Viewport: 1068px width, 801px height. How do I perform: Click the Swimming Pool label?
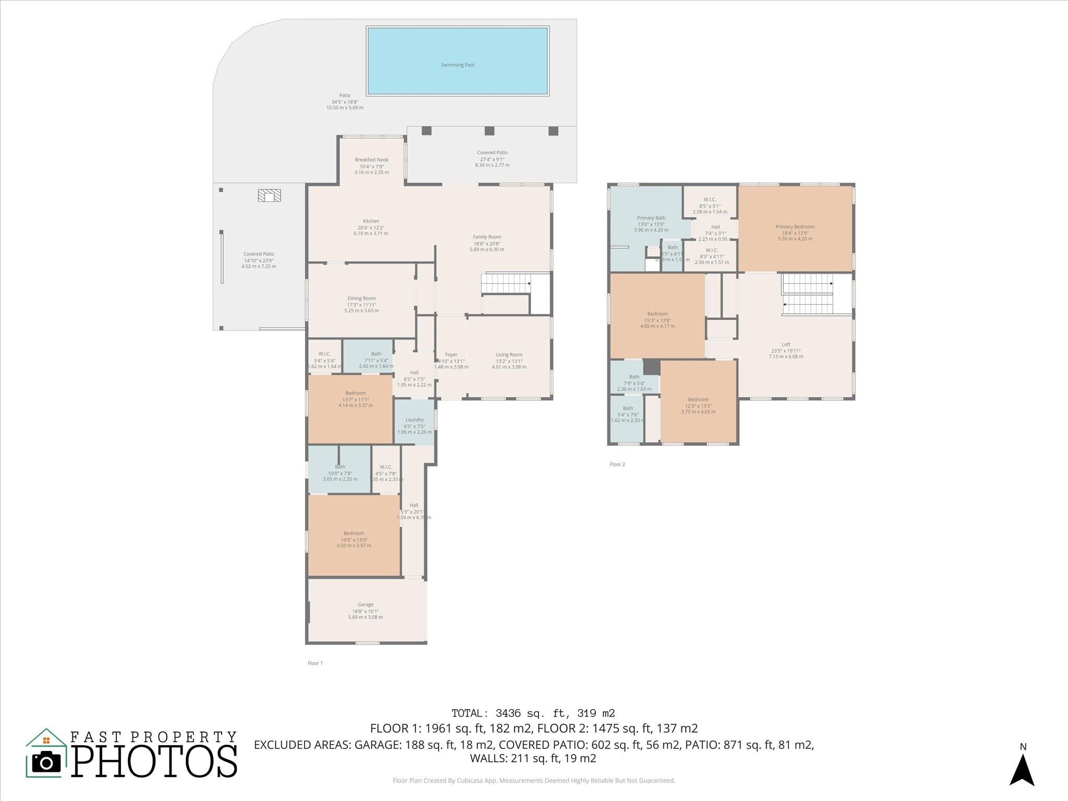(457, 65)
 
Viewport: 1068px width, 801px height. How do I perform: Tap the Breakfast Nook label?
(371, 160)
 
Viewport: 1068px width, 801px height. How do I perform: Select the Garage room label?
(365, 605)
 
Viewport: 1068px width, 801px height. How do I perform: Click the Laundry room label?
(415, 420)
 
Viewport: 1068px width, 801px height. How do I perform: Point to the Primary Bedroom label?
(795, 227)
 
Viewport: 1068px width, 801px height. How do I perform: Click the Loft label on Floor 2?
(785, 345)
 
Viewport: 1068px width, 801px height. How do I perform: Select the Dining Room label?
(361, 299)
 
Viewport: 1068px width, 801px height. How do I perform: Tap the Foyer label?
(451, 355)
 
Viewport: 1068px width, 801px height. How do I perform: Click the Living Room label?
(509, 355)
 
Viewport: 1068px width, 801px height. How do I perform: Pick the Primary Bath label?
(651, 219)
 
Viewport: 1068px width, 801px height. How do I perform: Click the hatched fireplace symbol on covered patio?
(269, 196)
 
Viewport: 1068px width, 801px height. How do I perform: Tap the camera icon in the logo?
(46, 763)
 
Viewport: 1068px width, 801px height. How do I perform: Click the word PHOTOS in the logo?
(154, 761)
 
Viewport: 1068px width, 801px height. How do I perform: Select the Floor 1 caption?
(315, 663)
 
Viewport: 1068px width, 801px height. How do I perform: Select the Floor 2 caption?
(617, 464)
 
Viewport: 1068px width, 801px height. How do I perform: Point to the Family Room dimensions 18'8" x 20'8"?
(487, 244)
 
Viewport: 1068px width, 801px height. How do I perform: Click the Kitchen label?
(371, 221)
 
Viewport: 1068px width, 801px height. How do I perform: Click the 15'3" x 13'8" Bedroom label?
(657, 314)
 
